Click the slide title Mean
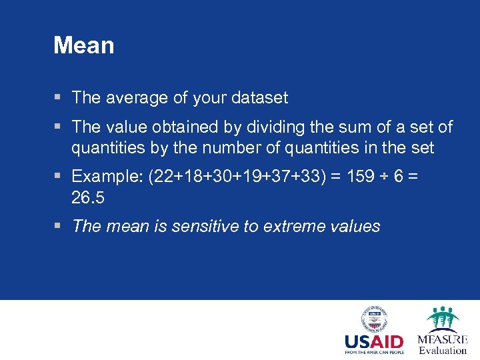click(83, 46)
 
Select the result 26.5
click(88, 198)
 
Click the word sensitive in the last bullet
click(205, 227)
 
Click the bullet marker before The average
click(59, 98)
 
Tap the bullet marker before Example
click(59, 177)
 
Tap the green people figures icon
click(443, 318)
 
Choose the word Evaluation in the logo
click(443, 351)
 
